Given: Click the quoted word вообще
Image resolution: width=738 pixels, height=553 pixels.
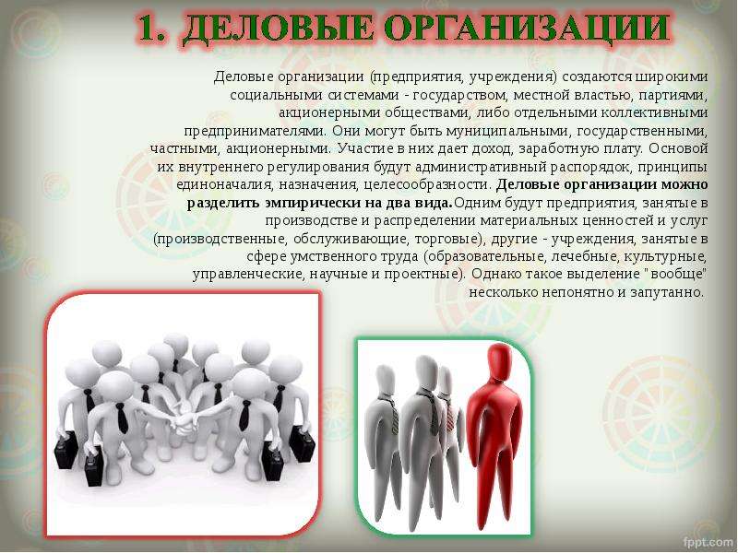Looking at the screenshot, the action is (x=679, y=274).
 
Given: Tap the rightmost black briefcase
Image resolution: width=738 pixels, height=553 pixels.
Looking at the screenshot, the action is (x=301, y=442).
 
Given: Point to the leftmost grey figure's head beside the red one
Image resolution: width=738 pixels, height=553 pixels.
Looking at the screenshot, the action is (x=386, y=380).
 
